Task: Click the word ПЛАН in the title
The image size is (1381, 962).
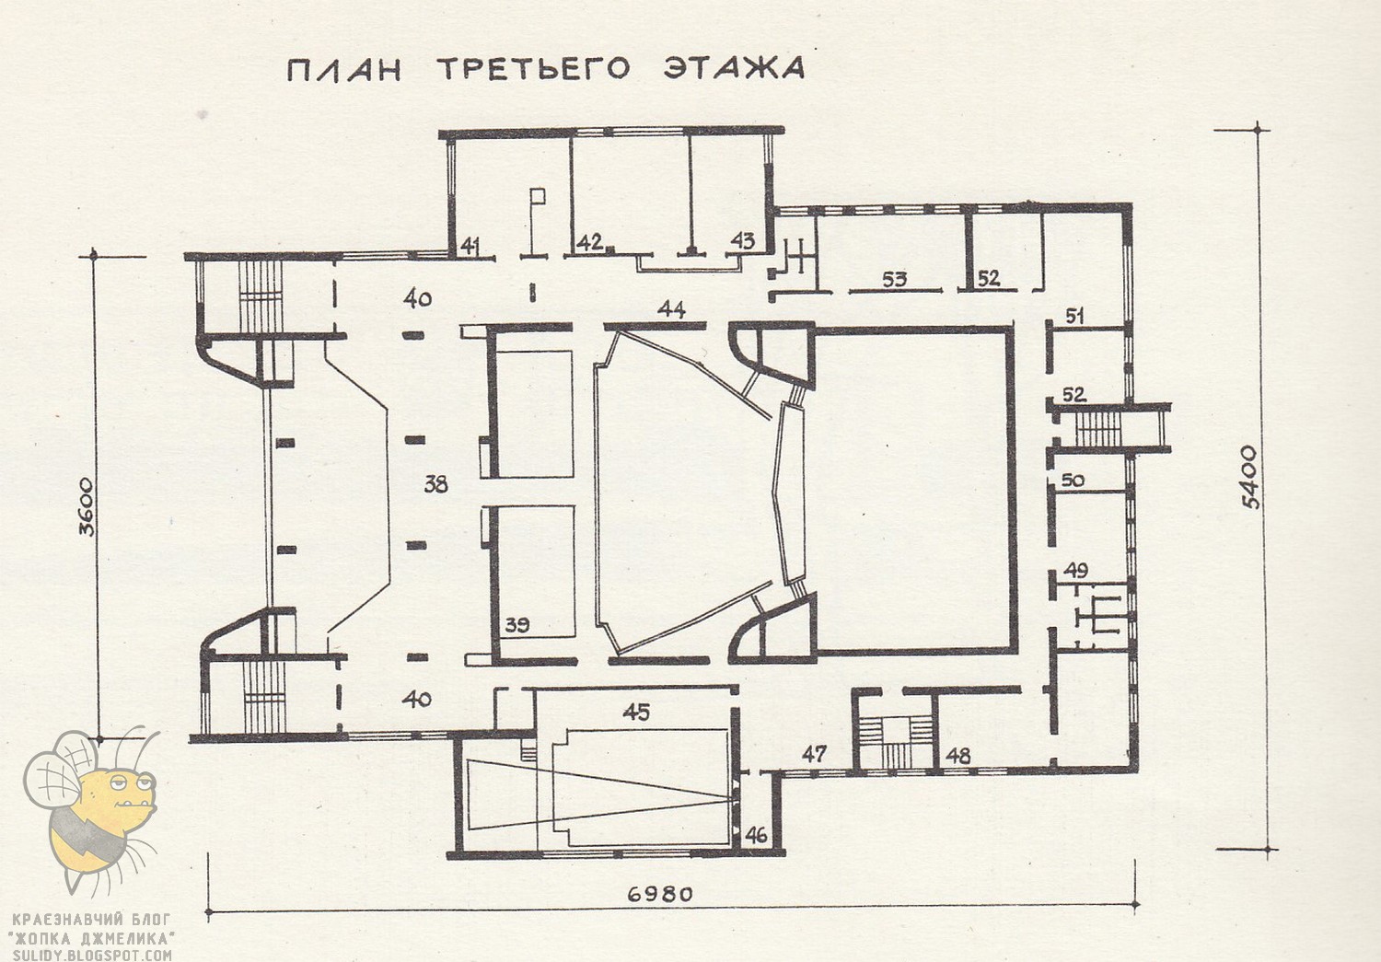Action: click(x=342, y=71)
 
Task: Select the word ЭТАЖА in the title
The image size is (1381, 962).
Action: click(x=735, y=68)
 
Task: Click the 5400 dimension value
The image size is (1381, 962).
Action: click(x=1248, y=477)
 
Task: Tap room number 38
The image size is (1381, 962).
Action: click(x=435, y=482)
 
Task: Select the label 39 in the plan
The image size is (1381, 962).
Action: click(x=517, y=626)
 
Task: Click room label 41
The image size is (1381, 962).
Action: click(x=470, y=245)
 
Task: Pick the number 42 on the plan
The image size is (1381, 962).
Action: click(x=589, y=242)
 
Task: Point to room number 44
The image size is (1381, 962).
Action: click(x=672, y=310)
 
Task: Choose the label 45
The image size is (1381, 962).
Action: click(x=636, y=712)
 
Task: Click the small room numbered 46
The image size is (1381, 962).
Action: click(x=756, y=836)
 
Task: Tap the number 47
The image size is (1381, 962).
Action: click(x=814, y=754)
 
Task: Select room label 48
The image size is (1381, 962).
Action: click(x=958, y=756)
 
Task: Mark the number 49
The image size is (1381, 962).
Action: click(x=1075, y=571)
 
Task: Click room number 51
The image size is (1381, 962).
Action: click(x=1074, y=316)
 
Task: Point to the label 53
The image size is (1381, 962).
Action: click(x=894, y=278)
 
